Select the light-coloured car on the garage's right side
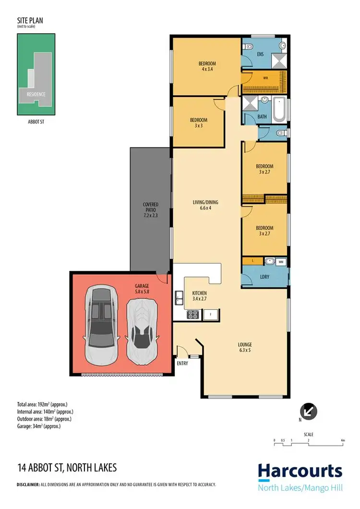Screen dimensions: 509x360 point(141,331)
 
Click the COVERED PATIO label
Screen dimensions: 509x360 point(150,210)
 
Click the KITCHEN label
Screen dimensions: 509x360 point(199,295)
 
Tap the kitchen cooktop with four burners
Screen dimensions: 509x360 point(192,315)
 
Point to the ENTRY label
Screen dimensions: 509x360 point(182,364)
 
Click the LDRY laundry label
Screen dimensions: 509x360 point(264,278)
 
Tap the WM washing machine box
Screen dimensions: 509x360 point(281,262)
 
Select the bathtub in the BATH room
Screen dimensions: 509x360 point(279,109)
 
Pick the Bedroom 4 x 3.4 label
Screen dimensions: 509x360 point(207,66)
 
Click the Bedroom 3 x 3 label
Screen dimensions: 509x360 point(198,123)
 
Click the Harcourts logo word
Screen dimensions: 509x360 point(300,472)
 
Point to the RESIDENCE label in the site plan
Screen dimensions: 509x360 point(36,94)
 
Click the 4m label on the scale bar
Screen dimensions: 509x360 point(342,440)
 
